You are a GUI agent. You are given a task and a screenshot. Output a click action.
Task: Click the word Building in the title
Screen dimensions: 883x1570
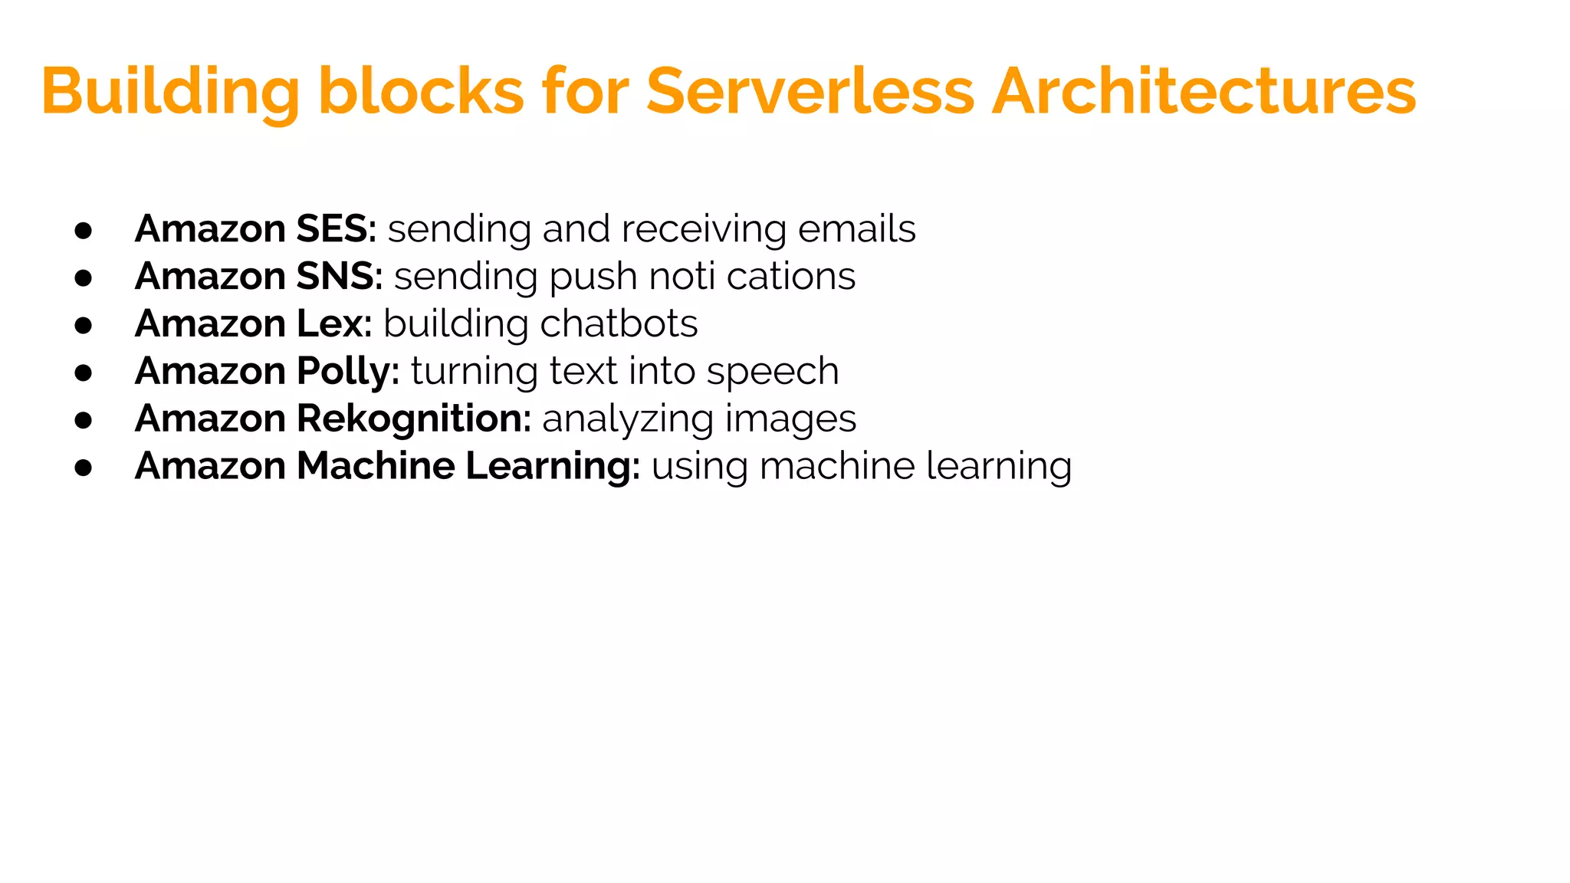point(170,91)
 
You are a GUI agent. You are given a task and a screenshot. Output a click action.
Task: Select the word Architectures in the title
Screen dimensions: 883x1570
point(1204,91)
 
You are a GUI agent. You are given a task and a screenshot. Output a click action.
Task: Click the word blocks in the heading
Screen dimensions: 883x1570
point(421,91)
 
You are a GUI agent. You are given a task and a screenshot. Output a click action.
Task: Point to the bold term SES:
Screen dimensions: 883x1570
point(337,228)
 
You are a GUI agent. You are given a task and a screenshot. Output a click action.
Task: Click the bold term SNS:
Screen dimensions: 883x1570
point(340,276)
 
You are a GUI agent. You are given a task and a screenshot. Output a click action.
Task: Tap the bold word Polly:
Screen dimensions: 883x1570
point(348,371)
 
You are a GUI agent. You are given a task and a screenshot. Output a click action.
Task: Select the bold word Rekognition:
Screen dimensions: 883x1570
point(414,419)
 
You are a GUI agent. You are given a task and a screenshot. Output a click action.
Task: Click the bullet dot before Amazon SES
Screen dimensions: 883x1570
point(84,230)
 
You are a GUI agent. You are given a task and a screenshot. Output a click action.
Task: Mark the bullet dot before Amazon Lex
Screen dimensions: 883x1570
point(84,325)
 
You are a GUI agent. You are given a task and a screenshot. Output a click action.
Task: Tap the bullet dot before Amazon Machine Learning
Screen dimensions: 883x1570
point(84,468)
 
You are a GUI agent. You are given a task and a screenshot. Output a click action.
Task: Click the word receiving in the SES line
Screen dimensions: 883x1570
point(704,230)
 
